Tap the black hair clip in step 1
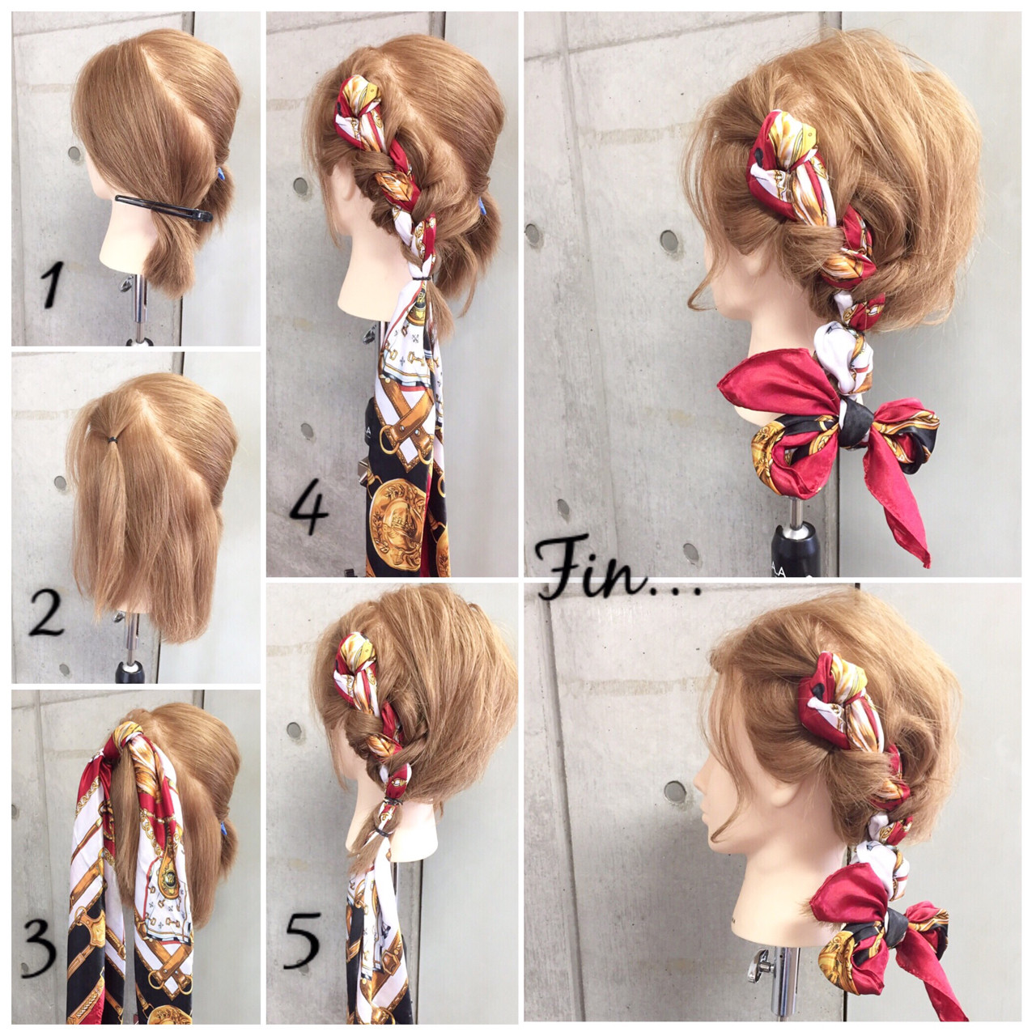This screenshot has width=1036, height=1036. pyautogui.click(x=163, y=208)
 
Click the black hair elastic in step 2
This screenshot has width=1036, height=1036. pyautogui.click(x=113, y=439)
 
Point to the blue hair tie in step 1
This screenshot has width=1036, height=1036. pyautogui.click(x=221, y=175)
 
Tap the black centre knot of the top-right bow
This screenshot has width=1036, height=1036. pyautogui.click(x=853, y=419)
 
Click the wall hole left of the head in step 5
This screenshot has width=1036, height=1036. pyautogui.click(x=295, y=730)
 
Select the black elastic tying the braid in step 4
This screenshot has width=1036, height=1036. pyautogui.click(x=422, y=278)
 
